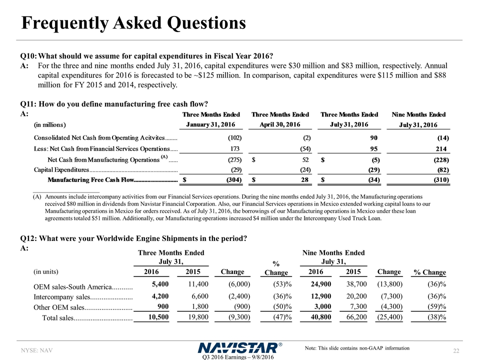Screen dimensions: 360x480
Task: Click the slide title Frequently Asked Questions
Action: coord(133,22)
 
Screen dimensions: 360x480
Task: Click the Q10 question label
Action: coord(28,55)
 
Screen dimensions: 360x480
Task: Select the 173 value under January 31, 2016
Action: coord(236,149)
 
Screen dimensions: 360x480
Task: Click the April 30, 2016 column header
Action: coord(279,124)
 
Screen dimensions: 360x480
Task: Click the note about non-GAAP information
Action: coord(356,348)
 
